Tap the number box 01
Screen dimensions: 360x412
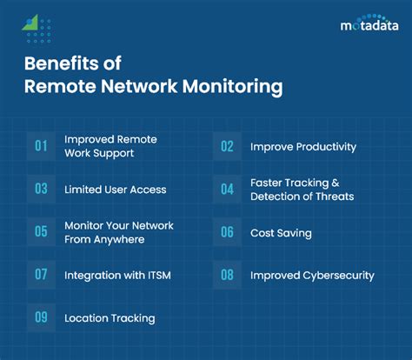[x=41, y=146]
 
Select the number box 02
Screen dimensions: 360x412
[x=227, y=146]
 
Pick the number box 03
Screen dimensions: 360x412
[x=41, y=189]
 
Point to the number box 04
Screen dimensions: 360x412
[x=227, y=189]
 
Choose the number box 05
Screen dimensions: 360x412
[x=41, y=232]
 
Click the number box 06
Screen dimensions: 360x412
[x=227, y=232]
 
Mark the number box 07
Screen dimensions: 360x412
[x=41, y=275]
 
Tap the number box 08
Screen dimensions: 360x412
[x=227, y=275]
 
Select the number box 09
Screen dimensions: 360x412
[x=41, y=318]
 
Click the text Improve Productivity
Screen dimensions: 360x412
[x=302, y=147]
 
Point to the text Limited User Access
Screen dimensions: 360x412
[x=115, y=190]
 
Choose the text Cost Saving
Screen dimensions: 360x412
[x=282, y=233]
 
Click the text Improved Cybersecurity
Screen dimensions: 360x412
[x=312, y=276]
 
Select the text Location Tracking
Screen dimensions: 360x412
[x=110, y=318]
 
